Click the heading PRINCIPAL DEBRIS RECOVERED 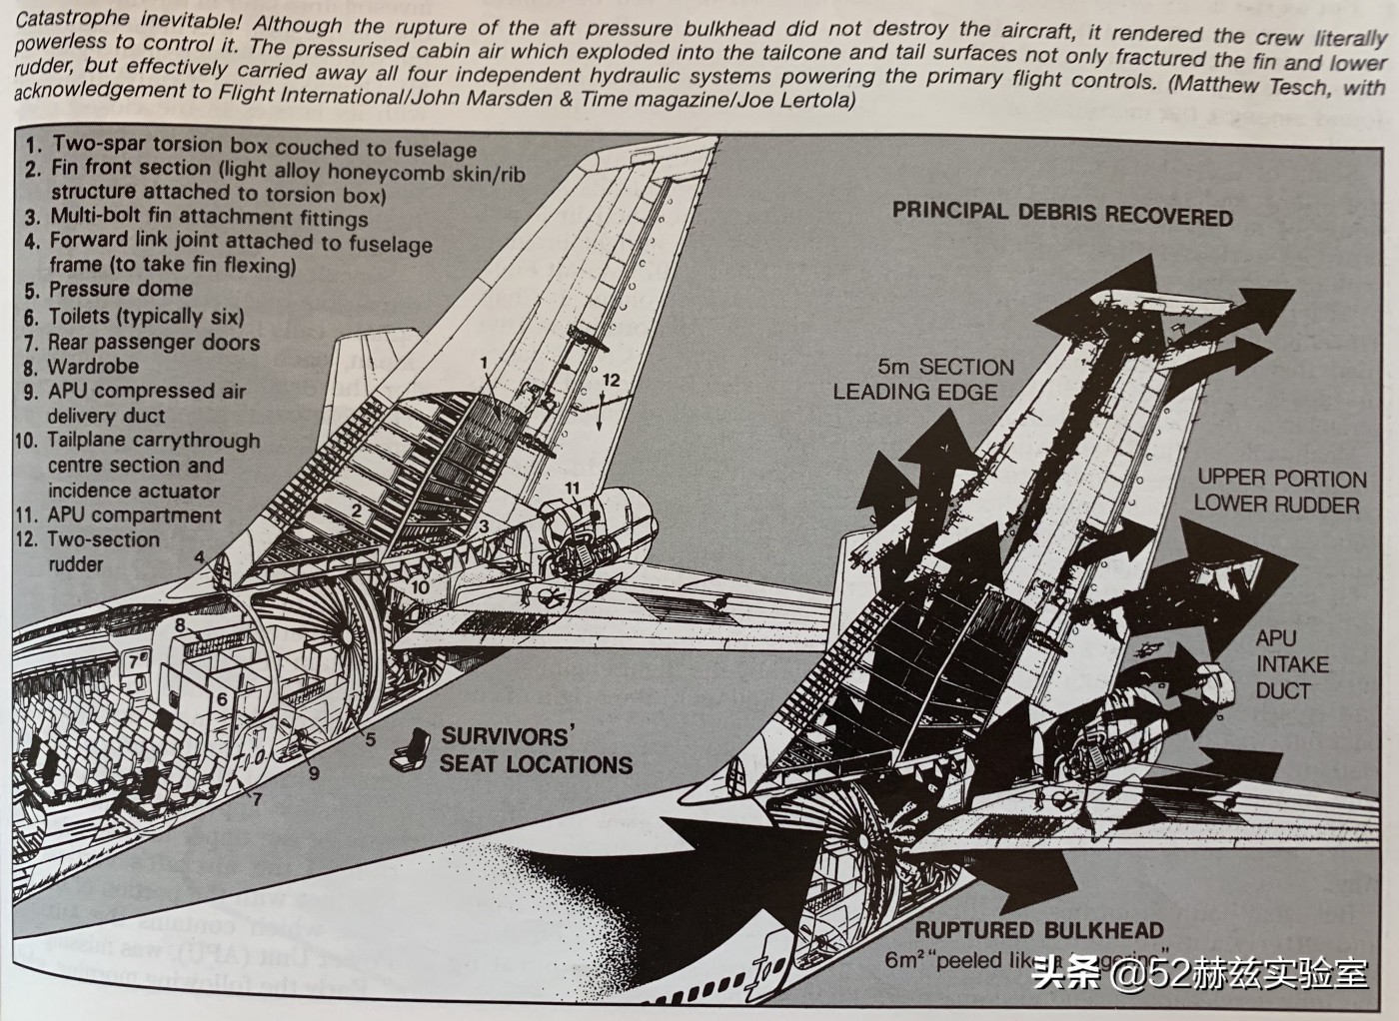(1061, 213)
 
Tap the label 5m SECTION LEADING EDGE (924, 380)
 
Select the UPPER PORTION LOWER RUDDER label (1279, 491)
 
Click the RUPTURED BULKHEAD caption (1039, 931)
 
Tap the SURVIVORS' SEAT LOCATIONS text (536, 750)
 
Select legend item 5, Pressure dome (109, 290)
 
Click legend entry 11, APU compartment (119, 515)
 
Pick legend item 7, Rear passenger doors (141, 342)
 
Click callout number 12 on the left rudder (611, 380)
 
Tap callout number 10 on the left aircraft (420, 586)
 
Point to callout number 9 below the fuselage (314, 772)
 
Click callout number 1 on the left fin (484, 362)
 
